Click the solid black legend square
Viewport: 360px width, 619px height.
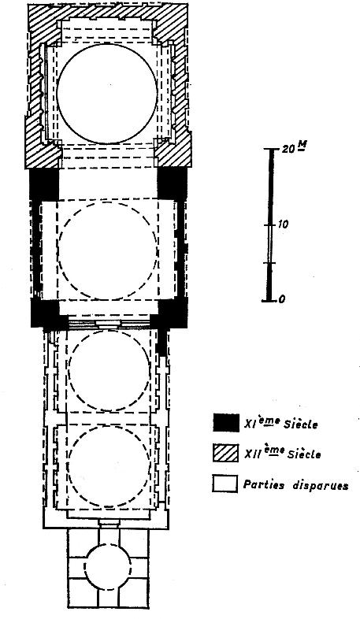(226, 423)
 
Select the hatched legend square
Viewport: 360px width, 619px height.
(225, 453)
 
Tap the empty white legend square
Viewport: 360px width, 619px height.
(225, 484)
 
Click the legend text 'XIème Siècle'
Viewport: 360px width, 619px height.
(281, 424)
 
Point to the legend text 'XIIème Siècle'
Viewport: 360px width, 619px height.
(283, 454)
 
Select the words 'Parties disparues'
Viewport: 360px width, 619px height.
(295, 485)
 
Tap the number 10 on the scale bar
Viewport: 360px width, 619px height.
(283, 224)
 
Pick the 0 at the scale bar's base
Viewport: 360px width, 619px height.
(281, 299)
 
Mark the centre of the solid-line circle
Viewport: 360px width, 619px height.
(107, 93)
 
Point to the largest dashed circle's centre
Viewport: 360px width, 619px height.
(108, 251)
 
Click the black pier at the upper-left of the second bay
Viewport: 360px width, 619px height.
(44, 185)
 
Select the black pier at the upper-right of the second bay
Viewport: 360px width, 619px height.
(172, 184)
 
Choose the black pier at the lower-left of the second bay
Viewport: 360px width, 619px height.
(46, 313)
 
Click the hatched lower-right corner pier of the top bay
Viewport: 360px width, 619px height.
(173, 150)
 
